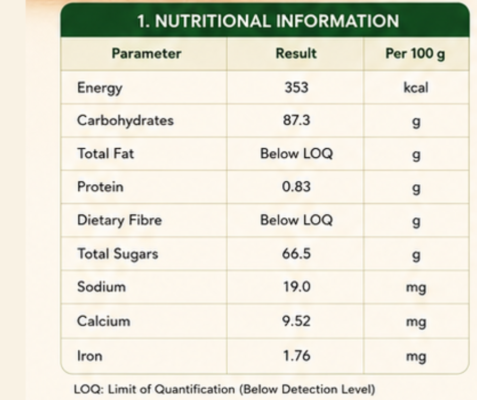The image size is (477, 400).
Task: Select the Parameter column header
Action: (x=146, y=54)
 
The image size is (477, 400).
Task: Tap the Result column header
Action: (x=296, y=54)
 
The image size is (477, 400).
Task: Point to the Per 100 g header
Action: (x=415, y=54)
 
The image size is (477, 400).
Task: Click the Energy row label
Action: (x=100, y=88)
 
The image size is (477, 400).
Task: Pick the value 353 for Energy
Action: (x=296, y=87)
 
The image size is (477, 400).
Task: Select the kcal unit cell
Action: (x=416, y=88)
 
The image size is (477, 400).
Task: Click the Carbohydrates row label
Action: (x=125, y=120)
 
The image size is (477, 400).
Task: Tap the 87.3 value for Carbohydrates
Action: (x=297, y=120)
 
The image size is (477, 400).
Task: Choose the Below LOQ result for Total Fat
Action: (x=297, y=153)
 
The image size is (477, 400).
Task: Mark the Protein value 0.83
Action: (x=296, y=187)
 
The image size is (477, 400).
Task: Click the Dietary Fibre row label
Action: (x=120, y=220)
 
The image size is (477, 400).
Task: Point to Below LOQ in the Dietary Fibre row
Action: (x=297, y=220)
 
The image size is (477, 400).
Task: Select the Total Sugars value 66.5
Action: (x=296, y=254)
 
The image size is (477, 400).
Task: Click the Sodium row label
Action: (x=101, y=287)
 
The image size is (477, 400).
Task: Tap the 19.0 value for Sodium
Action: (x=297, y=287)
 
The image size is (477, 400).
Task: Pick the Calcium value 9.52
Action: (x=296, y=321)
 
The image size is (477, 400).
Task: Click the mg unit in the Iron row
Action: (x=416, y=357)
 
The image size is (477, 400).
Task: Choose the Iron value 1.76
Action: (x=297, y=355)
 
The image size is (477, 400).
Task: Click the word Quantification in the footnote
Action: (x=194, y=389)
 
